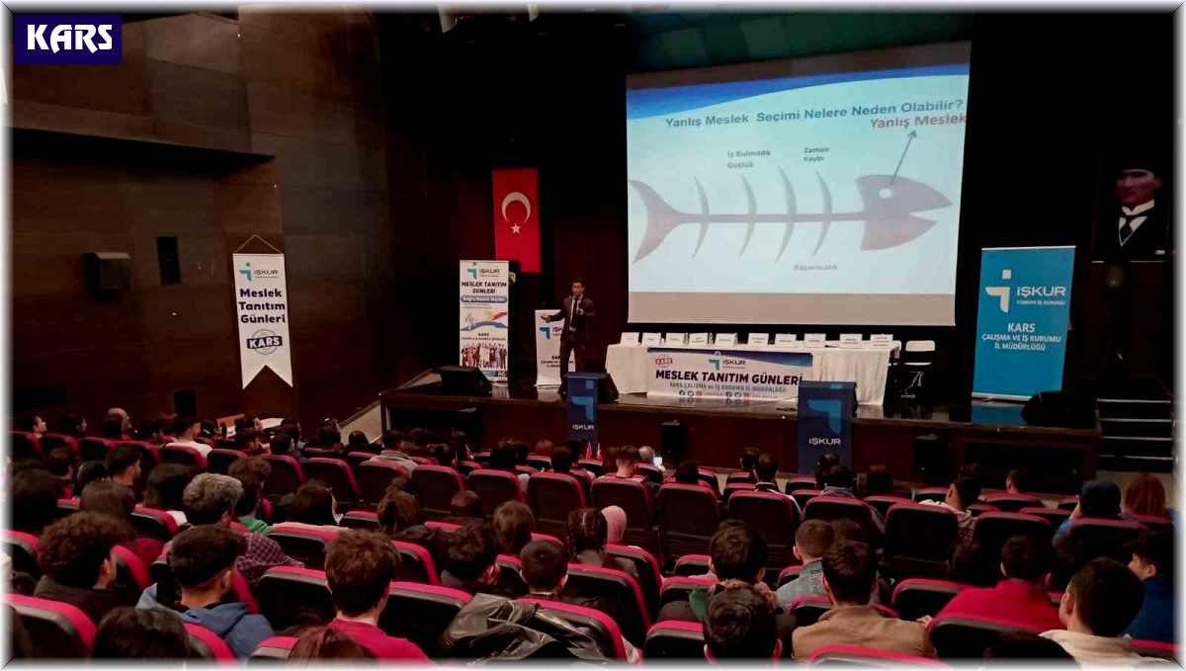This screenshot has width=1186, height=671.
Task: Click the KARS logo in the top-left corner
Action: [68, 40]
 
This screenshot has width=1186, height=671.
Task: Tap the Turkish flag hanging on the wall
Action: [516, 218]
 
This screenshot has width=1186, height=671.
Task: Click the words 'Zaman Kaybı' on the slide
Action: [815, 154]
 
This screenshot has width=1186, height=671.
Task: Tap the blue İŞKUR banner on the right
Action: [1023, 321]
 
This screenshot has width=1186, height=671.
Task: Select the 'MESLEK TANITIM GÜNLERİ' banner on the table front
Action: [728, 374]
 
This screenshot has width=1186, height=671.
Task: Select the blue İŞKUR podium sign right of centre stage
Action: [825, 426]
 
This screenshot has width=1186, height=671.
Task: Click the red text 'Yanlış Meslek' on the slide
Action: [917, 121]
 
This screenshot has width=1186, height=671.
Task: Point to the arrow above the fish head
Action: [902, 155]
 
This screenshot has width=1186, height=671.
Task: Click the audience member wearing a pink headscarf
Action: [614, 523]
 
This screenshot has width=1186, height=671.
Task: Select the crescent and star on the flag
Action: [516, 209]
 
